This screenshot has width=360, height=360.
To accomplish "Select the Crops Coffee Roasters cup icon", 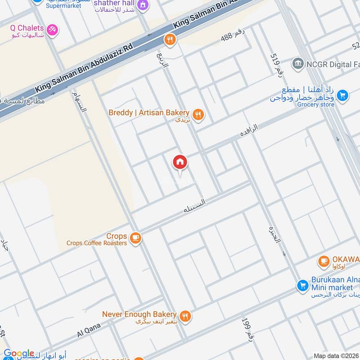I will click(135, 238).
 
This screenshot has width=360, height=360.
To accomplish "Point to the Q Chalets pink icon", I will click(53, 30).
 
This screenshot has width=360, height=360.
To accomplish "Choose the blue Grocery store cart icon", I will click(343, 95).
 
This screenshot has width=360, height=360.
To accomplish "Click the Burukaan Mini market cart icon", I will click(302, 285).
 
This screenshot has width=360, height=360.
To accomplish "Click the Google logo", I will click(18, 354).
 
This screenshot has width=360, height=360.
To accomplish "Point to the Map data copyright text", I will click(336, 356).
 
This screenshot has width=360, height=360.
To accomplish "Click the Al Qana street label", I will click(86, 333).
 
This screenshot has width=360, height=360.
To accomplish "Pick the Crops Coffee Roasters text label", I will click(97, 243).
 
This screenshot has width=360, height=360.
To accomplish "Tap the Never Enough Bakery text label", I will click(139, 314).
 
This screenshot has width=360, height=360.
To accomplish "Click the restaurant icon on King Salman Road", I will click(170, 40).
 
